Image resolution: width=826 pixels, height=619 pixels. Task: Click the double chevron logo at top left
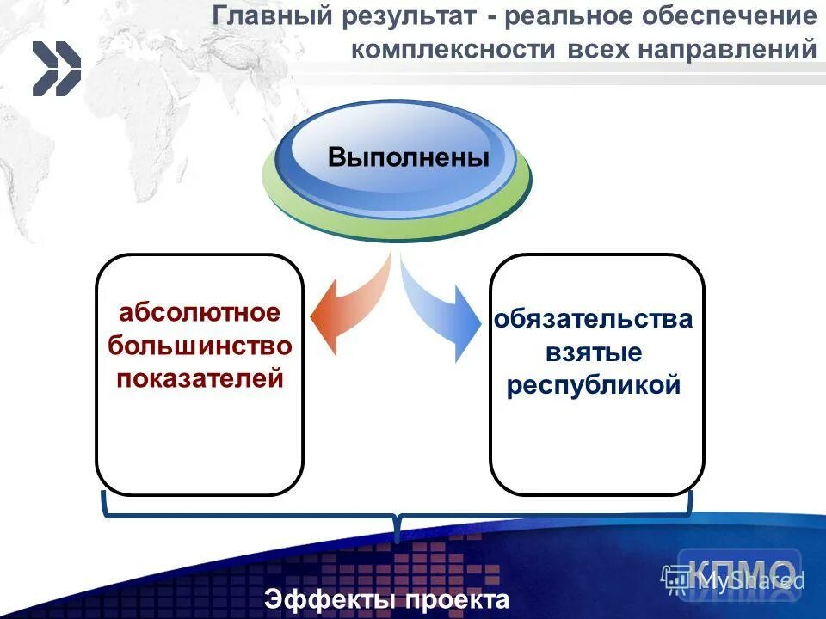56,70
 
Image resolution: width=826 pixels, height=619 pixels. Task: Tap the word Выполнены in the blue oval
408,158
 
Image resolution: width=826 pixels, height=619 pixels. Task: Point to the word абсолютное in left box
200,312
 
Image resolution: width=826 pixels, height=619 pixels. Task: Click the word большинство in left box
200,345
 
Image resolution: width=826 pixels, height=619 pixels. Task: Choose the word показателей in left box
200,378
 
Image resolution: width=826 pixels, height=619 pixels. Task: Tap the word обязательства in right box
593,319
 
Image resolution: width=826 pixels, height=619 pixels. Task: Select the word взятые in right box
593,352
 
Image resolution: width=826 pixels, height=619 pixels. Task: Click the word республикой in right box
593,386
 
